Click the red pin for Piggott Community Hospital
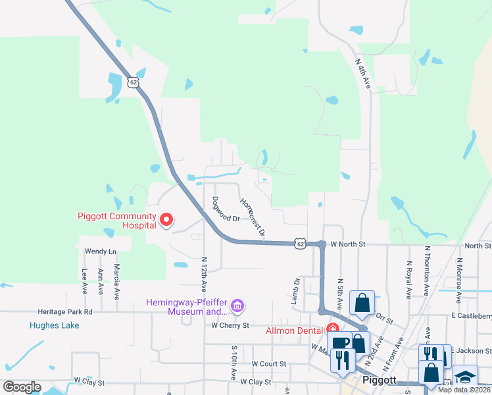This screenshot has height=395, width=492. click(166, 220)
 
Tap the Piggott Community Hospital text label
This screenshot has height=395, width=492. click(117, 220)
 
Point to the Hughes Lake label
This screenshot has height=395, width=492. click(54, 325)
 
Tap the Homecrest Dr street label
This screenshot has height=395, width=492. click(253, 217)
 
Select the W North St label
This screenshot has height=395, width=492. click(347, 244)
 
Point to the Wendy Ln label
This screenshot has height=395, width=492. click(101, 251)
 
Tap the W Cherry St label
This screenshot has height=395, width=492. click(230, 325)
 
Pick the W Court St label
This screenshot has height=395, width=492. click(269, 363)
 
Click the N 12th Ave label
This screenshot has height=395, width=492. click(205, 275)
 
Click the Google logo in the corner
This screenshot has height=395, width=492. click(22, 387)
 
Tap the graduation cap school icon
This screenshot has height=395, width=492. click(466, 377)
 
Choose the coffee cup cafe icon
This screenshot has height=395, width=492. click(340, 343)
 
